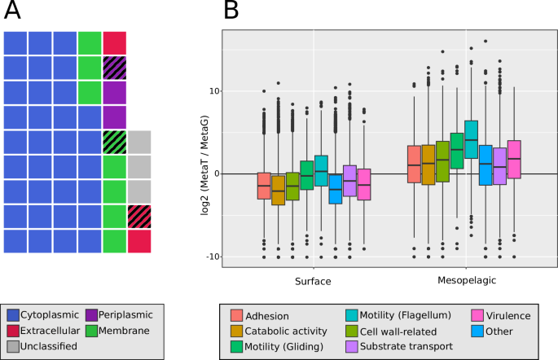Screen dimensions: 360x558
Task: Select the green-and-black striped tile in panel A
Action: point(115,142)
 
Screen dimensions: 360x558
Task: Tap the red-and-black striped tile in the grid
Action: point(139,216)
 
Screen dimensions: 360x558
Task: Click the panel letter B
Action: point(231,11)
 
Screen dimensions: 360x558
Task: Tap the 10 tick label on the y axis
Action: point(213,90)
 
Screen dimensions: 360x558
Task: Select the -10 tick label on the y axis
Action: point(211,257)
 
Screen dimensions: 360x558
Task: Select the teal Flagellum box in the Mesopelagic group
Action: point(471,139)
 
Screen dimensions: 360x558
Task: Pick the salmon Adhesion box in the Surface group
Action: point(264,186)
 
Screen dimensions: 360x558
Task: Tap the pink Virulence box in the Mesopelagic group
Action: point(514,159)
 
